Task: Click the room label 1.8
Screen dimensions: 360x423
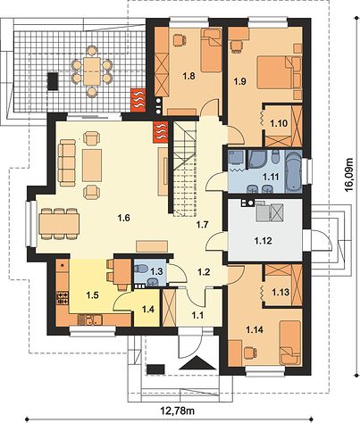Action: tap(188, 76)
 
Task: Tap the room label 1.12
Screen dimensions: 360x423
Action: tap(264, 240)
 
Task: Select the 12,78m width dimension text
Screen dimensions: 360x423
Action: tap(178, 411)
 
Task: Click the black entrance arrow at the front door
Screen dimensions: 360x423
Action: tap(198, 362)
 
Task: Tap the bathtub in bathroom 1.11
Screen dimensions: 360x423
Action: tap(293, 170)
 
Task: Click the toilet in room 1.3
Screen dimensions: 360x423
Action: tap(140, 269)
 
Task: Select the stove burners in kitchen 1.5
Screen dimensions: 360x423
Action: tap(63, 298)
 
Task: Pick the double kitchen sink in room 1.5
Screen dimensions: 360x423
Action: tap(89, 320)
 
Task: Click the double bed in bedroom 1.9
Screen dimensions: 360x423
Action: tap(279, 72)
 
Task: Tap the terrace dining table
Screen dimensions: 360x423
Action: tap(92, 71)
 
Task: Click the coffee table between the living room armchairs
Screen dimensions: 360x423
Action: tap(92, 165)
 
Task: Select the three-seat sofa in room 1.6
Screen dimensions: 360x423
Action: tap(67, 163)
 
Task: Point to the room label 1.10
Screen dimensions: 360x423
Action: tap(279, 123)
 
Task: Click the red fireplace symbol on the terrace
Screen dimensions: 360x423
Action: tap(138, 100)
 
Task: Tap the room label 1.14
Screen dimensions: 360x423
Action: tap(255, 329)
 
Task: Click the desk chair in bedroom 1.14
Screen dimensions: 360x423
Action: tap(250, 353)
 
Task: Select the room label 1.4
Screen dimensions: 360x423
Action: tap(148, 310)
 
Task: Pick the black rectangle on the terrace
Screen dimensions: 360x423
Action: tap(53, 80)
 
